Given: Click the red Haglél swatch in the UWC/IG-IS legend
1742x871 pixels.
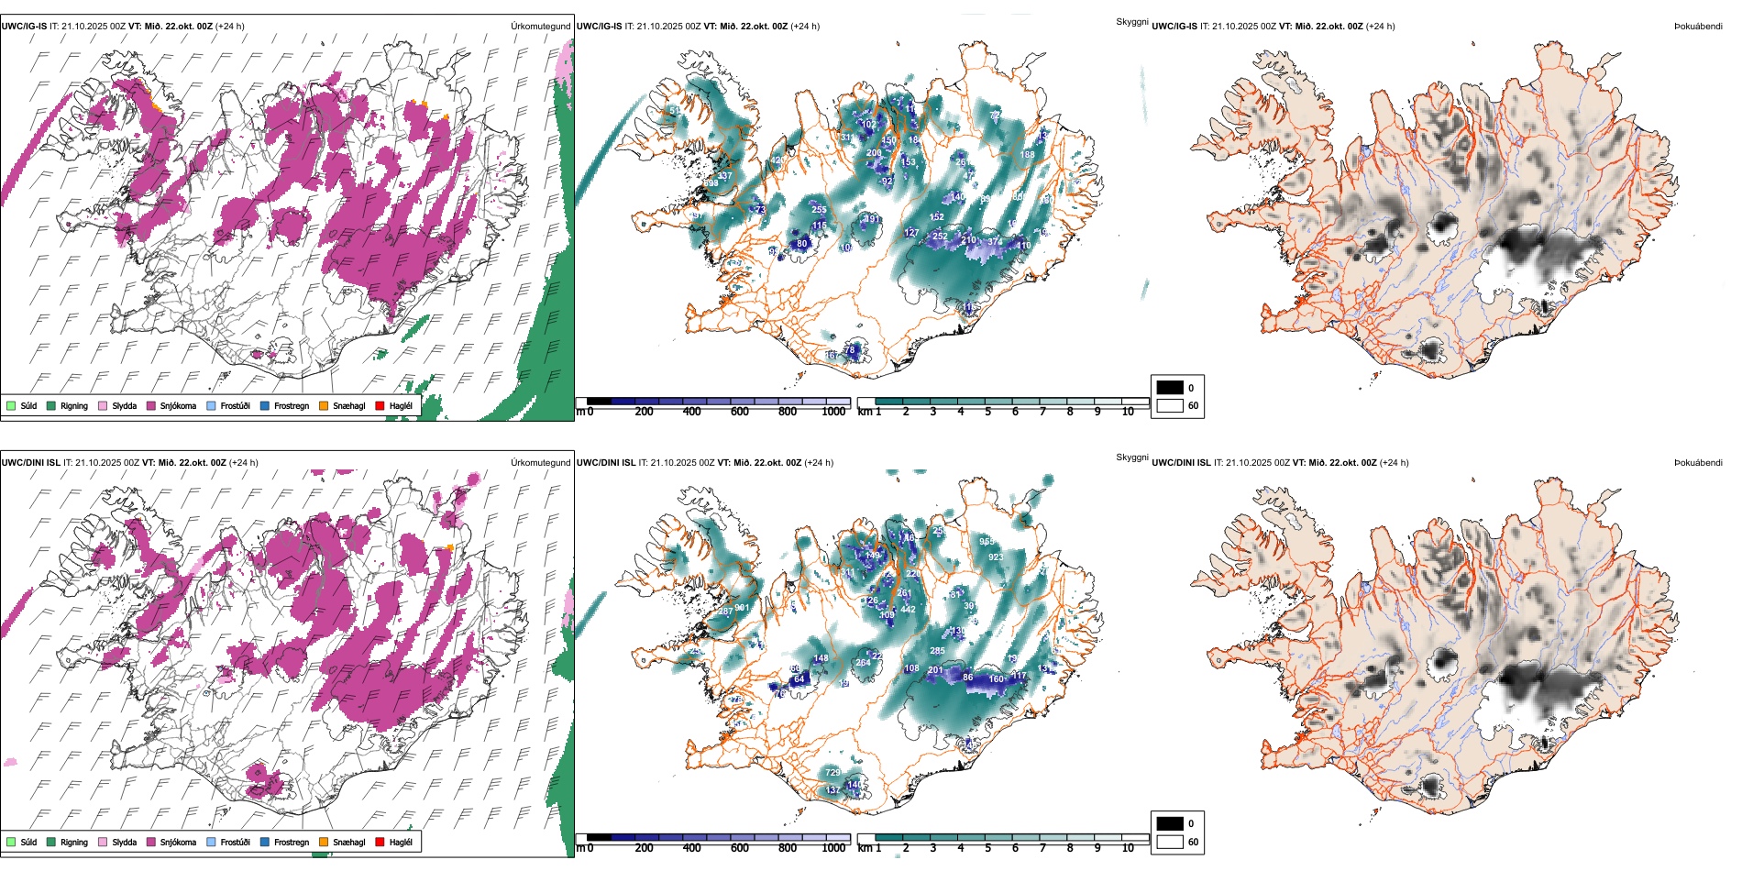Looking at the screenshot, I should click(380, 405).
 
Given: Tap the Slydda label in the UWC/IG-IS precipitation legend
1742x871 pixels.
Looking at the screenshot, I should click(124, 405).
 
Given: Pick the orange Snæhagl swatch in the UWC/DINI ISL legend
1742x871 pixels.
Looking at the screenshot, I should click(324, 842).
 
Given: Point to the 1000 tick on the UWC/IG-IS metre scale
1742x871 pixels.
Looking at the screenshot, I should click(833, 412).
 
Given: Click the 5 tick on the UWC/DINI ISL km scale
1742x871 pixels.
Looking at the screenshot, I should click(987, 848).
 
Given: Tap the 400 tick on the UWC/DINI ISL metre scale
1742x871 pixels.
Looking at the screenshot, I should click(691, 848).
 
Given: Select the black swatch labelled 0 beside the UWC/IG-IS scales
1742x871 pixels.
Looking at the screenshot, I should click(1170, 388).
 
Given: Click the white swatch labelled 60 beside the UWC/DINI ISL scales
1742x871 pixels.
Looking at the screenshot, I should click(1170, 842).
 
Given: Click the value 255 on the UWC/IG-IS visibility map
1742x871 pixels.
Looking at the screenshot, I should click(819, 210).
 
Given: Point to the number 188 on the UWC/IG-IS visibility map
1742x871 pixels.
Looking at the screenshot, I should click(1027, 155).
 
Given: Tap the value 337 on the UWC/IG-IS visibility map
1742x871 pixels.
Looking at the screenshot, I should click(724, 176).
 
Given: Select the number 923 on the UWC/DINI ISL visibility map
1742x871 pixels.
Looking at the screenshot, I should click(996, 557).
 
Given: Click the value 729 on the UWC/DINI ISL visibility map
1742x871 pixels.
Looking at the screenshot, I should click(832, 773).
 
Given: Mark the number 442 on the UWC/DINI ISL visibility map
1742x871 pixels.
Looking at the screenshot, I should click(908, 610).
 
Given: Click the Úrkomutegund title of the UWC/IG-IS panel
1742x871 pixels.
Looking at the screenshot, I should click(540, 27).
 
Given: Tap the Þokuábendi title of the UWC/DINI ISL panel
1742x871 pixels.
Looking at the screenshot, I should click(1698, 463).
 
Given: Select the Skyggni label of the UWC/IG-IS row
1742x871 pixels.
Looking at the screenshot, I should click(1131, 21).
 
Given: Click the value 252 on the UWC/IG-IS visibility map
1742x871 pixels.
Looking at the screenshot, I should click(940, 237).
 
